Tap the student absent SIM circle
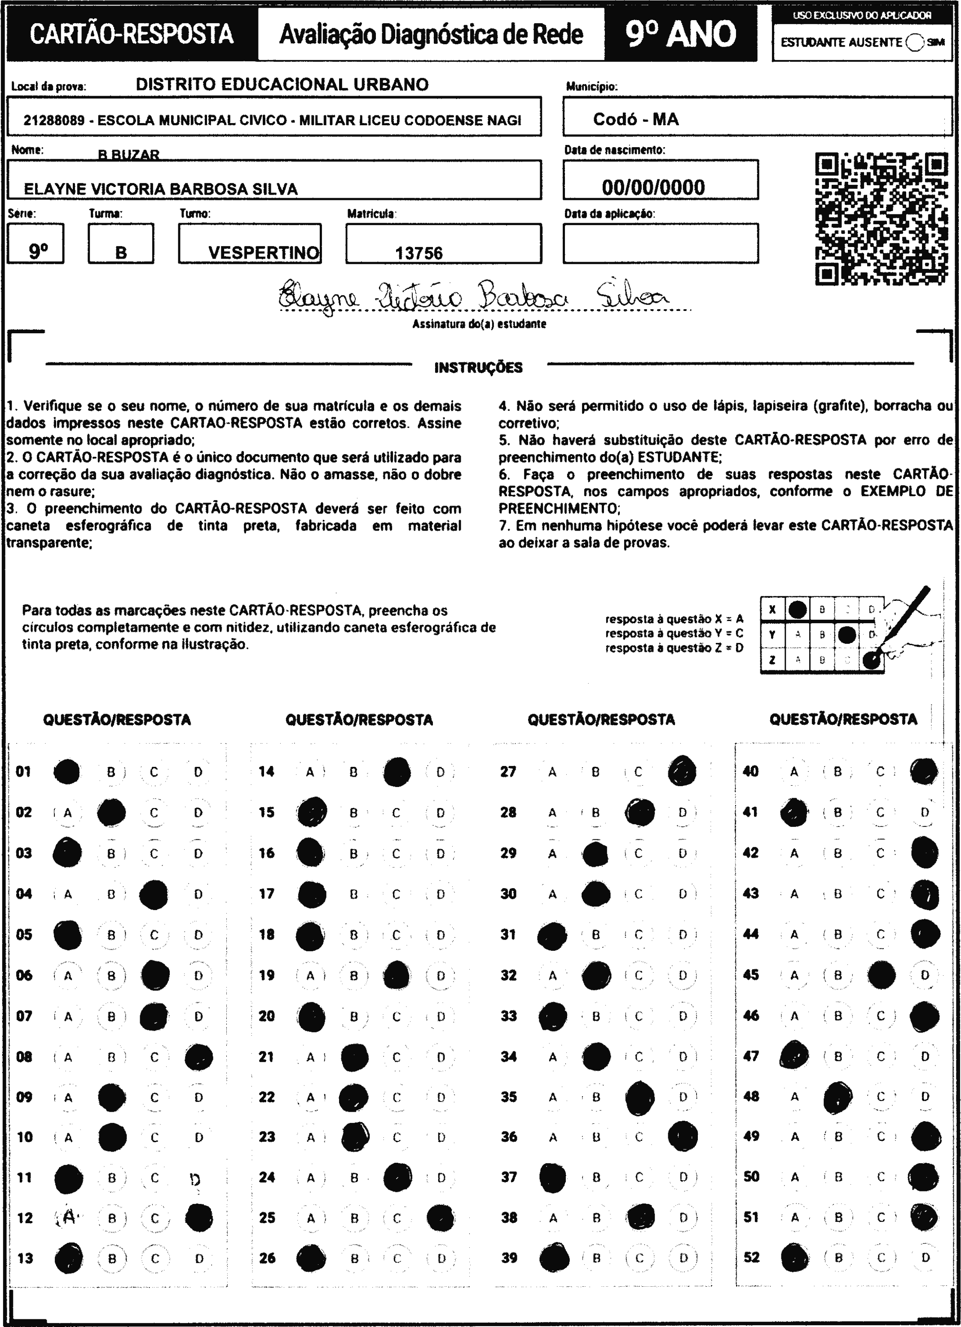pos(914,42)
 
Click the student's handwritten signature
pos(474,296)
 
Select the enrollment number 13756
pos(419,253)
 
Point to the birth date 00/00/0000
pos(653,187)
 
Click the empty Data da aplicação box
pos(661,244)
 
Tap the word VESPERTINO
pos(264,253)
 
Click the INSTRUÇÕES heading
pos(478,368)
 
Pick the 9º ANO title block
pos(680,34)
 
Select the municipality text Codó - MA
pos(636,119)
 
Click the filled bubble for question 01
pos(67,771)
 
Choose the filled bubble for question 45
pos(881,975)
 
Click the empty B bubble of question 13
pos(112,1258)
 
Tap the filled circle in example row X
pos(797,609)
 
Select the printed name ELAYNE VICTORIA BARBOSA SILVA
pos(161,189)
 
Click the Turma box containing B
pos(121,244)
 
